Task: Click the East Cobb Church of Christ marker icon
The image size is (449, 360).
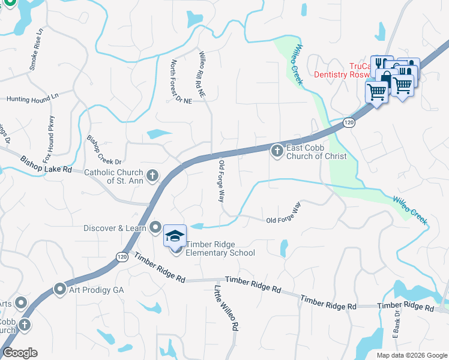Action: click(277, 151)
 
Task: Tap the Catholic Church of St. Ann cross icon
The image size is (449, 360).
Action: click(153, 175)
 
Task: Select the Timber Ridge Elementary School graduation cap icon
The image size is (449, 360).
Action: click(175, 235)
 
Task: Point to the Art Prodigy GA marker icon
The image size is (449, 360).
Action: click(60, 289)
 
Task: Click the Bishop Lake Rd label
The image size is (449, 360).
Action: click(46, 165)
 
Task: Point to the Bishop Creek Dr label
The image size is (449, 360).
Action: click(104, 151)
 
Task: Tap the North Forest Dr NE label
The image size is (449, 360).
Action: click(181, 82)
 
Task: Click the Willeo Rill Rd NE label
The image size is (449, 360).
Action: click(202, 74)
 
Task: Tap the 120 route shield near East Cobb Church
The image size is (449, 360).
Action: click(349, 122)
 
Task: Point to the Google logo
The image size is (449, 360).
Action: click(20, 353)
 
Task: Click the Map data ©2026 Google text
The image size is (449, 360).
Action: click(412, 355)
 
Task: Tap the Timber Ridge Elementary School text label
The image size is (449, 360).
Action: click(220, 248)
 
